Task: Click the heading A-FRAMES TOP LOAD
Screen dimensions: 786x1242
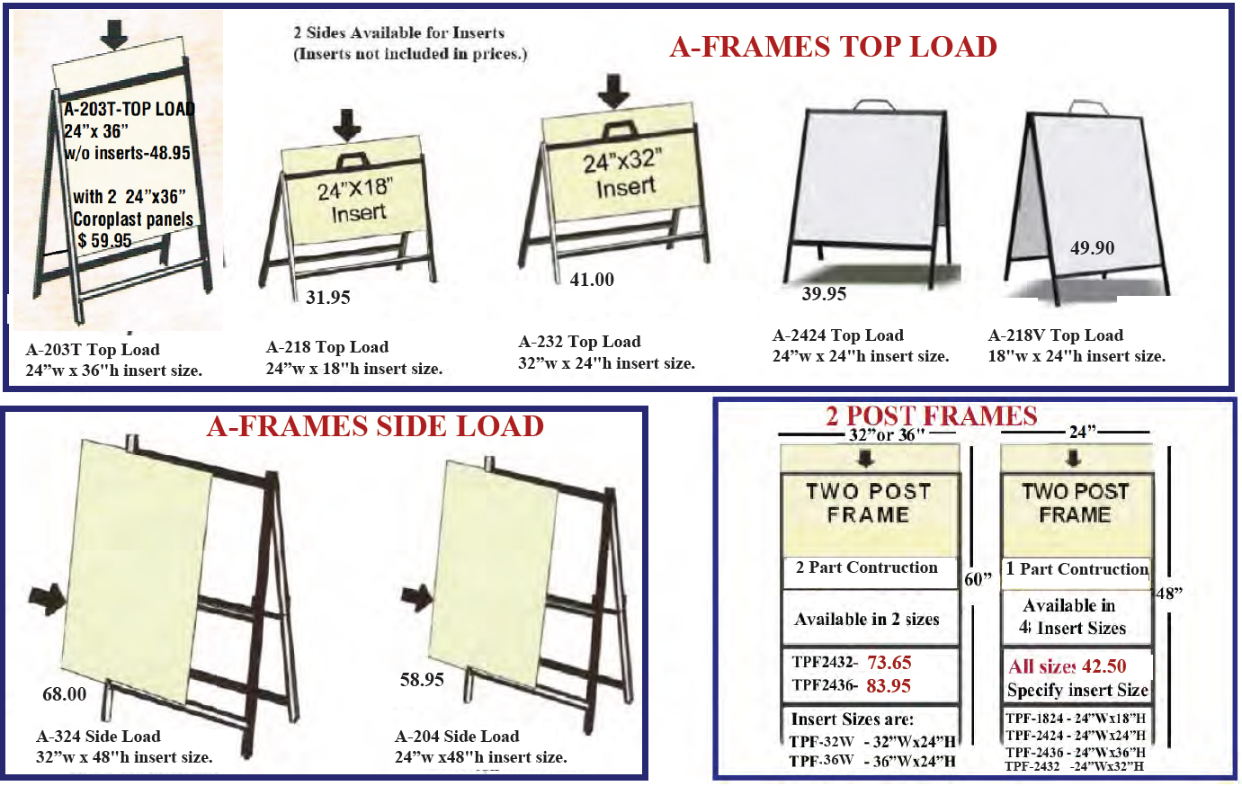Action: [833, 47]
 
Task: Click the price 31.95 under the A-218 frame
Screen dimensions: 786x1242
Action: [327, 298]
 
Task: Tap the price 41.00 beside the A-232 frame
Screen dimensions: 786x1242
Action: [592, 280]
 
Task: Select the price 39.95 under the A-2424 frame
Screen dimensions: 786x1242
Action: [824, 294]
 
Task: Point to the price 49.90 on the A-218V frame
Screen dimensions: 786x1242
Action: [1092, 248]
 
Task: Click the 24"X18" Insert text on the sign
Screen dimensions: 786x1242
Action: [356, 201]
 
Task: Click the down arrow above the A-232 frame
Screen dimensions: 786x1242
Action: [614, 91]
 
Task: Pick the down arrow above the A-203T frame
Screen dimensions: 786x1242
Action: [113, 33]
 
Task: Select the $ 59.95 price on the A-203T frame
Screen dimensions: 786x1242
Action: [104, 241]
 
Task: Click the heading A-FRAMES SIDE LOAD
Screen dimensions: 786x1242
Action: [375, 426]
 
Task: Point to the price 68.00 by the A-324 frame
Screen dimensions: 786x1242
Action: [65, 694]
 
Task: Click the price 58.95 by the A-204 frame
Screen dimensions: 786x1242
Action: [422, 680]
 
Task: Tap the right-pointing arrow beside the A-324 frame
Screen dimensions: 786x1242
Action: [46, 596]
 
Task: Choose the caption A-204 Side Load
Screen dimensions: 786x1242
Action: [457, 737]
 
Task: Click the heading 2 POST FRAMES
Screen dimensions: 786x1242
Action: [931, 415]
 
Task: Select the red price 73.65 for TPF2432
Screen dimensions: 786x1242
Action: [889, 663]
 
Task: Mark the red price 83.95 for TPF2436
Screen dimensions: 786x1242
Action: [889, 686]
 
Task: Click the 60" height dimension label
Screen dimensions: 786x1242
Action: [978, 579]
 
